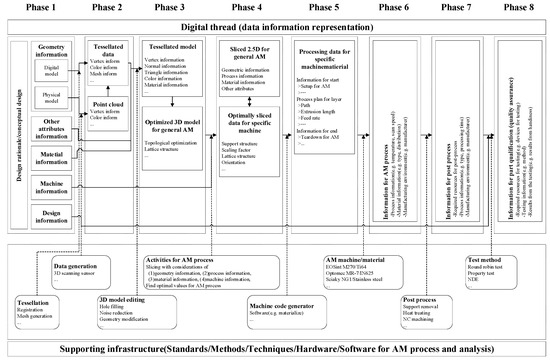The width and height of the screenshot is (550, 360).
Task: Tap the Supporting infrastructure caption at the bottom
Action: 275,350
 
